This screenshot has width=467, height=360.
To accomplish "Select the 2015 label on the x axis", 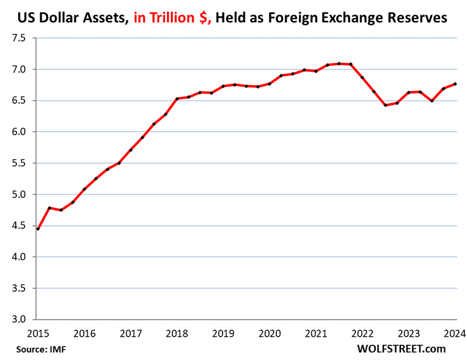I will click(36, 333).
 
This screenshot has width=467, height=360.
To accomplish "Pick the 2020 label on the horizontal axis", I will click(269, 333).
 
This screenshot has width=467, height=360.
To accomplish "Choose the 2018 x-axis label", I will click(177, 333).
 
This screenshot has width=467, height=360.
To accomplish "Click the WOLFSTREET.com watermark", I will click(401, 348).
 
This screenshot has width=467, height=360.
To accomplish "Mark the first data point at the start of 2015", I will click(38, 229).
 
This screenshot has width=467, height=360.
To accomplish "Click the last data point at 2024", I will click(455, 83).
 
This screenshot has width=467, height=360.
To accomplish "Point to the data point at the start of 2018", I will click(177, 99).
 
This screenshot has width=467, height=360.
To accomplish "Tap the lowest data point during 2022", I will click(385, 105).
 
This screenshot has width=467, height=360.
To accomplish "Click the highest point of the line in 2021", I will click(339, 64).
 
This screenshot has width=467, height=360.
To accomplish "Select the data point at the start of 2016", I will click(84, 189).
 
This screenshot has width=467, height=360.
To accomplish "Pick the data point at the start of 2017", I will click(131, 150).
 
